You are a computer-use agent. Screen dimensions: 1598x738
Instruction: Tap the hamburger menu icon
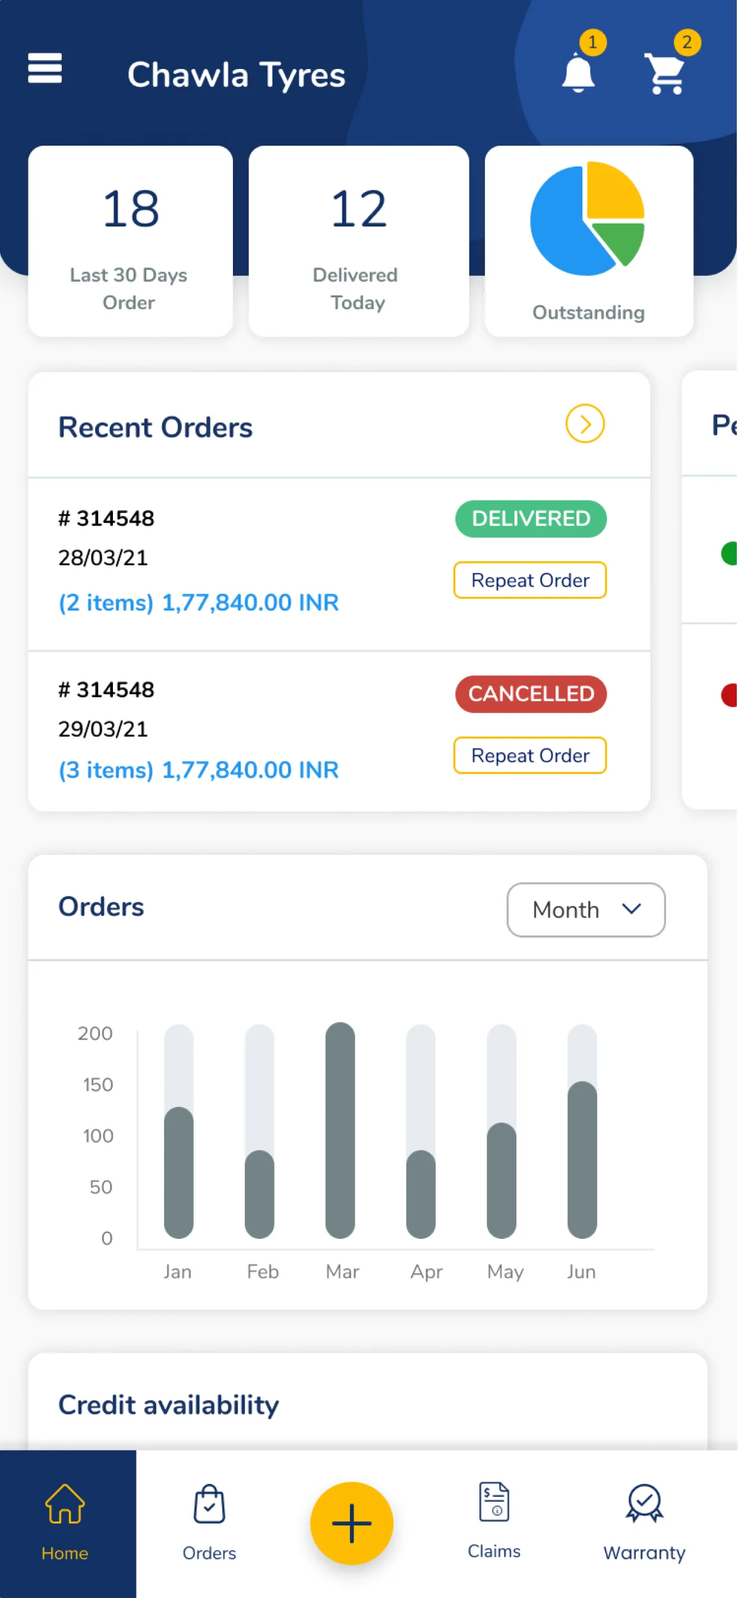click(45, 68)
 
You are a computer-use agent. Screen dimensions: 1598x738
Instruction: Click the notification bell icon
click(578, 73)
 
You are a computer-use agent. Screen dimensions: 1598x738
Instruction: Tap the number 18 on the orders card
click(131, 209)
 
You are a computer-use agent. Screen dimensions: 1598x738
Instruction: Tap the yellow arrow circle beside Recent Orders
click(585, 424)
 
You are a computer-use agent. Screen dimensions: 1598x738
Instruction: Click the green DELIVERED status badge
click(531, 518)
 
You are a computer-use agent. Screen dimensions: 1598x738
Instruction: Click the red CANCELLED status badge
click(531, 694)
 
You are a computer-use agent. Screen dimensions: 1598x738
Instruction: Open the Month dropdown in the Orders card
click(586, 910)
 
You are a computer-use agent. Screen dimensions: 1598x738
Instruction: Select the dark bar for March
click(340, 1130)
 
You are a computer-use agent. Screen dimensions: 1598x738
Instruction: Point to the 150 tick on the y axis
click(98, 1084)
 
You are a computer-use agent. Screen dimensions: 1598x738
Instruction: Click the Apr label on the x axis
click(427, 1272)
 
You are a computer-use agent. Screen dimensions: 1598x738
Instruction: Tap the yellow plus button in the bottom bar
click(352, 1523)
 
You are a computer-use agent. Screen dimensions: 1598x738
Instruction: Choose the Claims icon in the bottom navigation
click(494, 1502)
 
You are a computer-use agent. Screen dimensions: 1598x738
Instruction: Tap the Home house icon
click(65, 1503)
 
